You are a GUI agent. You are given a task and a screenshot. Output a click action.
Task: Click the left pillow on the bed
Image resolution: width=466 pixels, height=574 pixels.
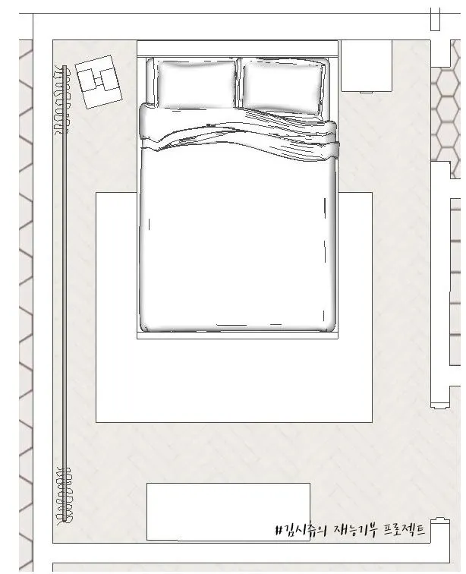(196, 84)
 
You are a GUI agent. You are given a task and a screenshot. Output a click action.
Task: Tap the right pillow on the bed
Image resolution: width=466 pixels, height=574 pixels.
(283, 87)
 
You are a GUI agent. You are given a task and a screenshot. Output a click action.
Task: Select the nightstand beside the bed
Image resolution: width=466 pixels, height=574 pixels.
(367, 65)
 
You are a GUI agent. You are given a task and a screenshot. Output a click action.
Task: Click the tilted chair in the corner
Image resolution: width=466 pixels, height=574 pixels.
(99, 82)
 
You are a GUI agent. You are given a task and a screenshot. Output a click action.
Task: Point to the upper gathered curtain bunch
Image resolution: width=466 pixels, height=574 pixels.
(61, 99)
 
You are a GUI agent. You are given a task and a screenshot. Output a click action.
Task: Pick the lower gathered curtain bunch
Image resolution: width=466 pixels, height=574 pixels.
(64, 495)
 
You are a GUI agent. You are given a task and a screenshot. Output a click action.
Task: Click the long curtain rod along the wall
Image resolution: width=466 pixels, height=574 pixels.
(65, 293)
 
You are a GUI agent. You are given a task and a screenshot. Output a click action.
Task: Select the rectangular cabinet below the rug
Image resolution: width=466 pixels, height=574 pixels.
(228, 512)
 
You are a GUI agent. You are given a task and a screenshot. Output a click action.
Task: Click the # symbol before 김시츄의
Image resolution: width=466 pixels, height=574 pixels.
(279, 530)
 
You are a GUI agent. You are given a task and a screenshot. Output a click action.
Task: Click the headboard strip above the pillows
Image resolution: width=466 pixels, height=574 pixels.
(238, 49)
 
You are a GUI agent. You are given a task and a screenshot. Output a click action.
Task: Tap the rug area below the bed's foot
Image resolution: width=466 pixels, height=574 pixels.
(235, 380)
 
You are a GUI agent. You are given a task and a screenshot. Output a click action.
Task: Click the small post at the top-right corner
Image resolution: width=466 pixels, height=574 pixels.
(435, 19)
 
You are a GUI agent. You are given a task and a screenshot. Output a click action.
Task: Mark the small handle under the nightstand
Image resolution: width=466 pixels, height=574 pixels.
(367, 93)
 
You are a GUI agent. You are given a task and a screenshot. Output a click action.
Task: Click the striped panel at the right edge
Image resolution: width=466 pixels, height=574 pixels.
(455, 282)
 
